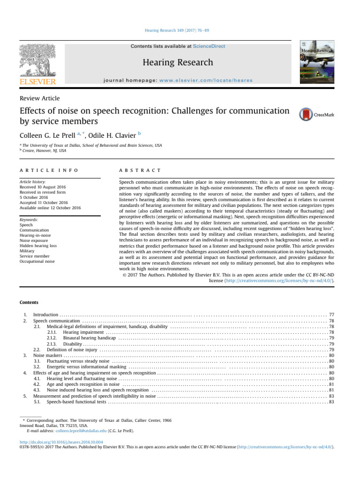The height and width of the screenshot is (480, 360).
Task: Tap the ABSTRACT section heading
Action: (x=140, y=170)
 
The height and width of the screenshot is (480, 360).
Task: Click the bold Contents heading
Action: (x=29, y=302)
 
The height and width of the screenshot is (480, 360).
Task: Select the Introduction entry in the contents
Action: (x=45, y=315)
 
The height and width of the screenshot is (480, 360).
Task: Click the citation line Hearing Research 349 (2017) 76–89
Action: (x=180, y=30)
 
